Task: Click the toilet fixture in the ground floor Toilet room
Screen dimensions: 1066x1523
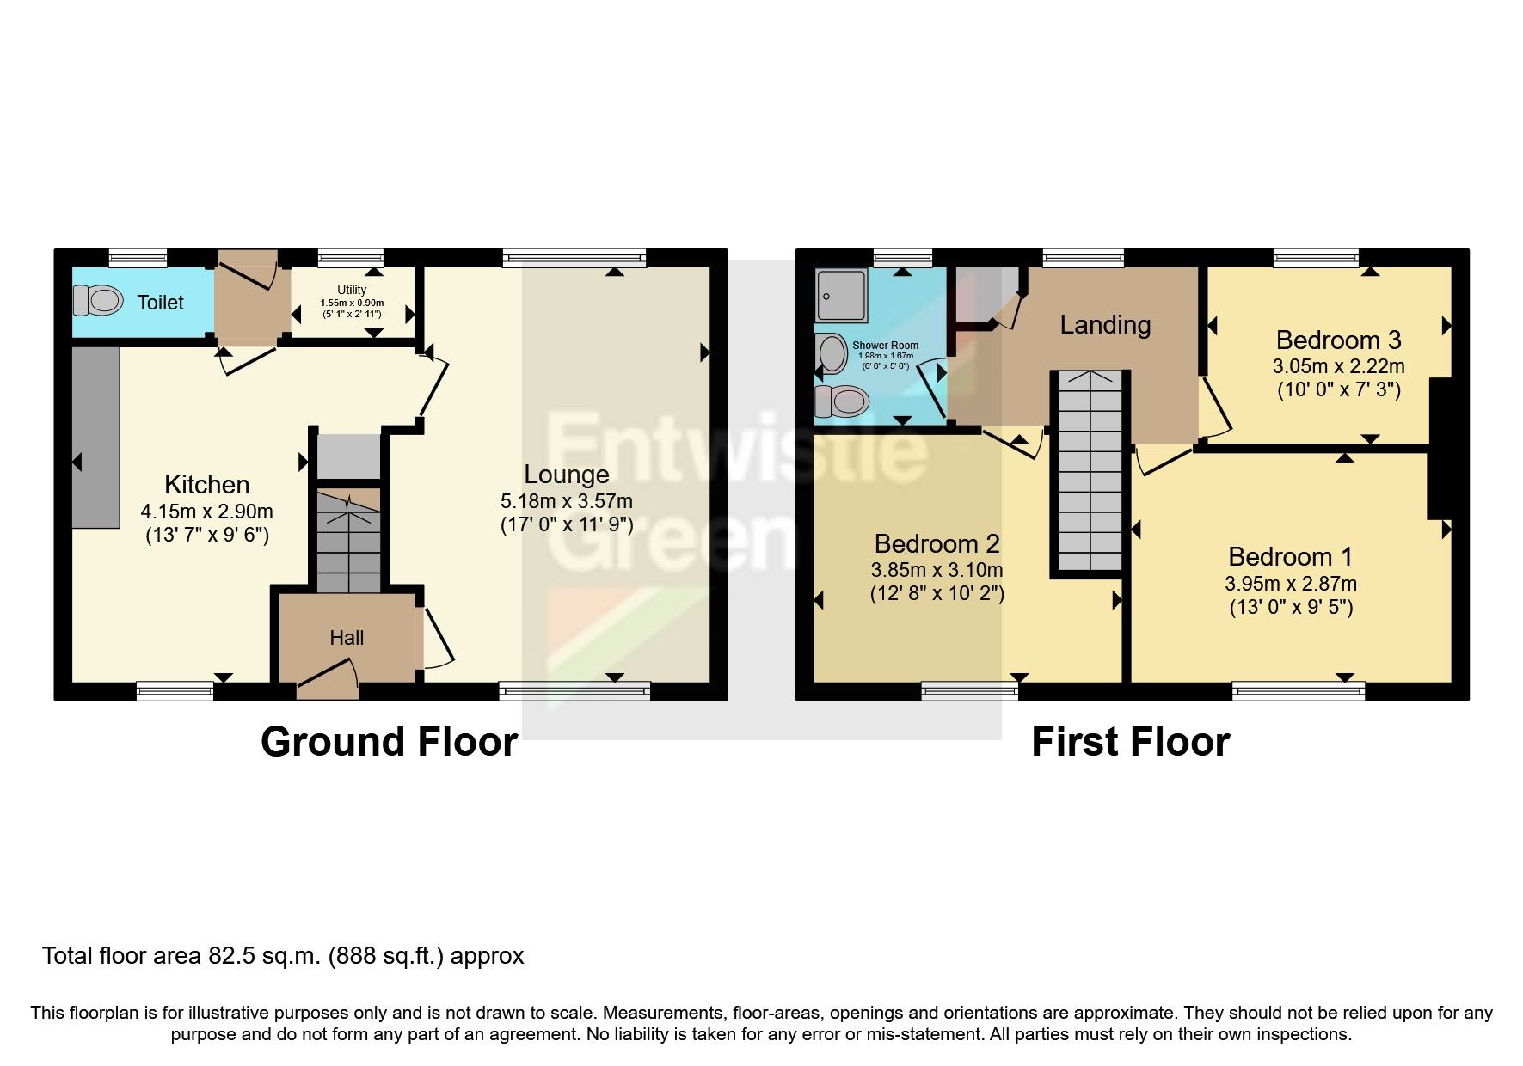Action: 97,301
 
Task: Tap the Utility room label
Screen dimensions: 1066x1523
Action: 352,291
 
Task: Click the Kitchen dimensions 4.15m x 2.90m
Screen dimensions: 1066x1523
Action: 206,512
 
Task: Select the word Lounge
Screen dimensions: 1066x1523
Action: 567,475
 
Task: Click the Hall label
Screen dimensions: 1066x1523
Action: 347,638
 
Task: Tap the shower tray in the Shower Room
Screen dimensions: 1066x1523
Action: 840,295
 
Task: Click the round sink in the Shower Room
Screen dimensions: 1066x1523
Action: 832,353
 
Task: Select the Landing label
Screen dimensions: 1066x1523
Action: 1105,325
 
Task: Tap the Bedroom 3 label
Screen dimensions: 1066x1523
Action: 1338,340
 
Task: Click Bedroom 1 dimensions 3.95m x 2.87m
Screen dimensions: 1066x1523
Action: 1291,584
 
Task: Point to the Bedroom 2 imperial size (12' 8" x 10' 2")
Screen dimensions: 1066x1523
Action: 937,593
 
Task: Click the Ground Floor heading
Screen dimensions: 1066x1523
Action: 389,742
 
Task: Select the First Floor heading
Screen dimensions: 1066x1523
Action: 1130,742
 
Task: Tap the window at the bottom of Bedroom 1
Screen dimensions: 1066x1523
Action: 1298,690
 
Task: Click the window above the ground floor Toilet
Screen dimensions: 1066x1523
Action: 138,257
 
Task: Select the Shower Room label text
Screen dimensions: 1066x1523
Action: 885,346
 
